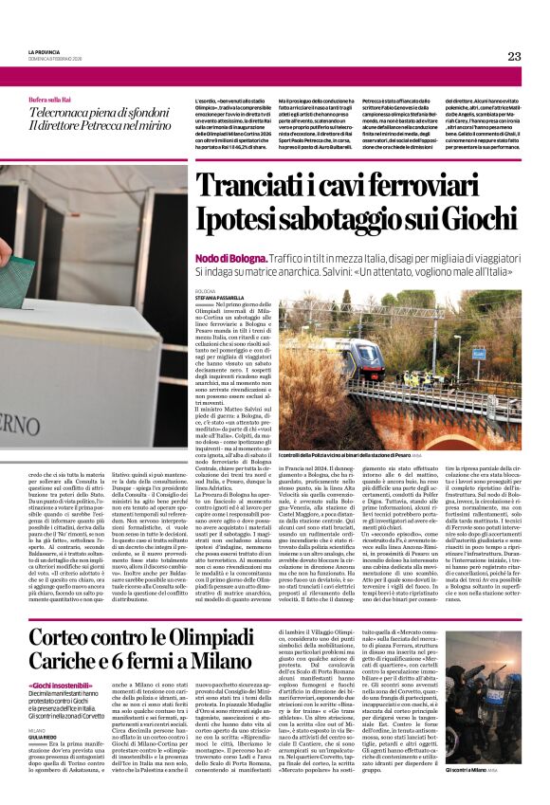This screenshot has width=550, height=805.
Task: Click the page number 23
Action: [514, 57]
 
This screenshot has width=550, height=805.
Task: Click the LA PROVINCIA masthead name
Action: [45, 53]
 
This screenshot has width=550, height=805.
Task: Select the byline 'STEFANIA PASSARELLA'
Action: [222, 296]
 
